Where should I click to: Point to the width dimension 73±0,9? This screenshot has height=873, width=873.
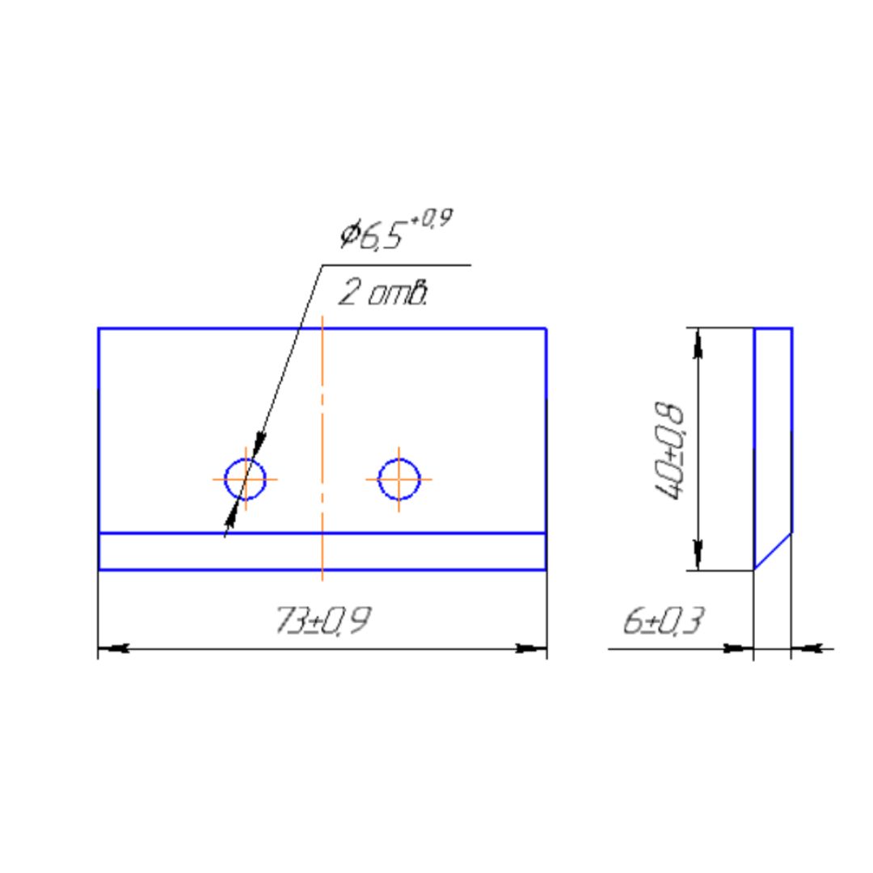click(x=323, y=622)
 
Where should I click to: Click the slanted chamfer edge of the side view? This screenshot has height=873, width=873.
click(x=774, y=550)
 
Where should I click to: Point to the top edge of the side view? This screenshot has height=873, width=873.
click(x=774, y=329)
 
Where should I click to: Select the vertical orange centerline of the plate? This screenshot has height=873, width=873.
click(x=323, y=404)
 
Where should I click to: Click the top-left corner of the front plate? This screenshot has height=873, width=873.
click(x=99, y=329)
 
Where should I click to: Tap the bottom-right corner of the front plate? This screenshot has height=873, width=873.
click(x=546, y=570)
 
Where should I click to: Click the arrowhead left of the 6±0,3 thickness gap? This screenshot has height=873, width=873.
click(x=737, y=647)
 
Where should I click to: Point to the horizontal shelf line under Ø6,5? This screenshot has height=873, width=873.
click(x=396, y=265)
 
